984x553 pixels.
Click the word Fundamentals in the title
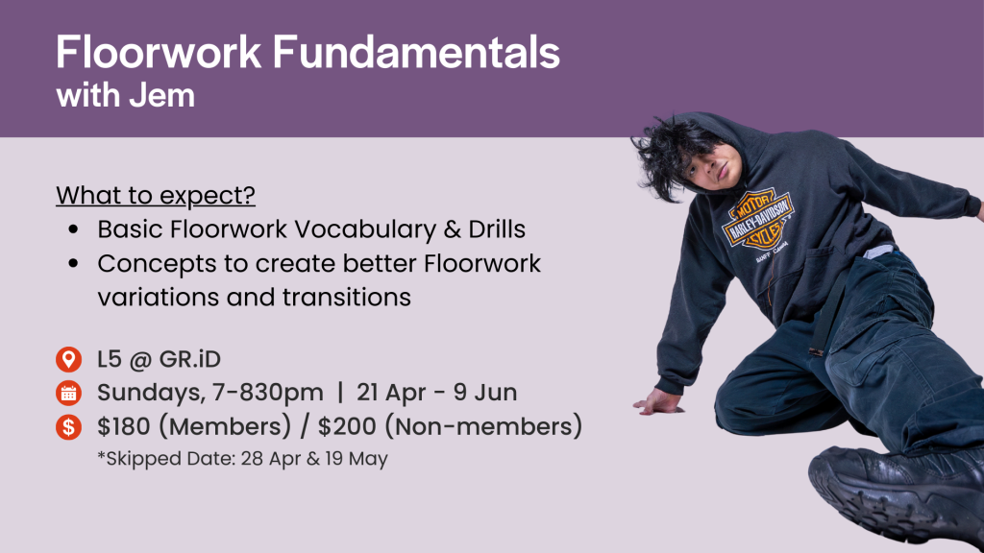(416, 52)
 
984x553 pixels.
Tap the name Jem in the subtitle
(161, 95)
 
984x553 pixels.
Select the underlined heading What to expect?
(156, 196)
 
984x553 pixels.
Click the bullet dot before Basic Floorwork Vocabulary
(73, 229)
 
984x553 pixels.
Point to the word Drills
(497, 228)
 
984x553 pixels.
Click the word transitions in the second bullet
(346, 298)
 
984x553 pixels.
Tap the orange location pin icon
(68, 359)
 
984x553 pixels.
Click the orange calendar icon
(68, 393)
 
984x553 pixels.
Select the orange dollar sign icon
(68, 427)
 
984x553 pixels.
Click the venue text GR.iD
(190, 359)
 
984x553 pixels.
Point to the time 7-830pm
(268, 393)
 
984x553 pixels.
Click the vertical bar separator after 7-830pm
(340, 393)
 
